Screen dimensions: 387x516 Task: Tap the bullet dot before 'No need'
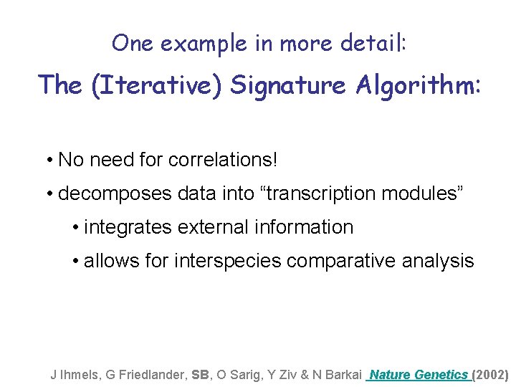pyautogui.click(x=47, y=160)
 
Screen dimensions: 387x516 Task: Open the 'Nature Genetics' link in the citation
pyautogui.click(x=419, y=374)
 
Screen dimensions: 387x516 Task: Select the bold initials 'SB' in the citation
pyautogui.click(x=201, y=374)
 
